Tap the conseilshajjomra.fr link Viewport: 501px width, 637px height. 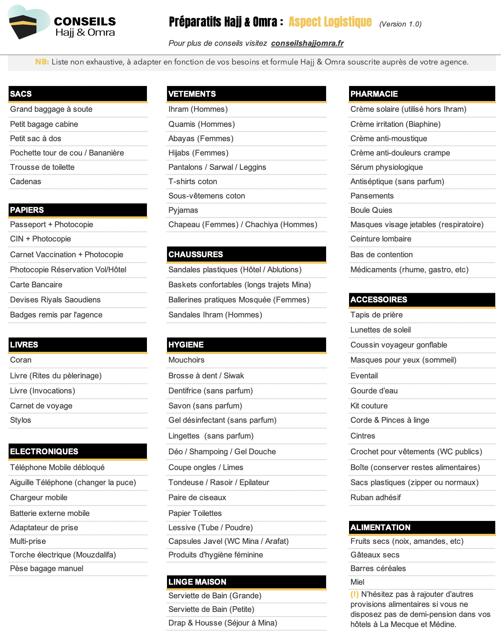[x=307, y=43]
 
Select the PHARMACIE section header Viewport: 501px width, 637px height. [x=374, y=94]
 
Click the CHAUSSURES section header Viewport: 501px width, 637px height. [x=196, y=254]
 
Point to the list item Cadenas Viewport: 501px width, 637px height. [x=25, y=182]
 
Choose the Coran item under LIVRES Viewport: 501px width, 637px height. [x=21, y=360]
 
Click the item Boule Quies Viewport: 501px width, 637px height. [x=371, y=210]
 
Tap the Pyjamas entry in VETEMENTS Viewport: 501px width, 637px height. [x=183, y=210]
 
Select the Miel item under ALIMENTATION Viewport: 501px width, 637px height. [x=357, y=582]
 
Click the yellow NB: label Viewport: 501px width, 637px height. [x=42, y=62]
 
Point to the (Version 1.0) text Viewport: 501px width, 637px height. [x=400, y=24]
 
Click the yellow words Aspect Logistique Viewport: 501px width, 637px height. [x=330, y=22]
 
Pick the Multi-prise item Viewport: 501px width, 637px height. [x=28, y=541]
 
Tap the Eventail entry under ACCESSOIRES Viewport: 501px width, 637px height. [x=364, y=376]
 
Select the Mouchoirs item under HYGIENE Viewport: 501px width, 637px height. [x=186, y=360]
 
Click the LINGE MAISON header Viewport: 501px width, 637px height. [x=197, y=582]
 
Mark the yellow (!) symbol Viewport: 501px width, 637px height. [x=354, y=594]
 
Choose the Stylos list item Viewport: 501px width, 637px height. [x=20, y=420]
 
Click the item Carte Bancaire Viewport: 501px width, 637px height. [x=36, y=285]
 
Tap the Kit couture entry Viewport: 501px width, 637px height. [x=369, y=406]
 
